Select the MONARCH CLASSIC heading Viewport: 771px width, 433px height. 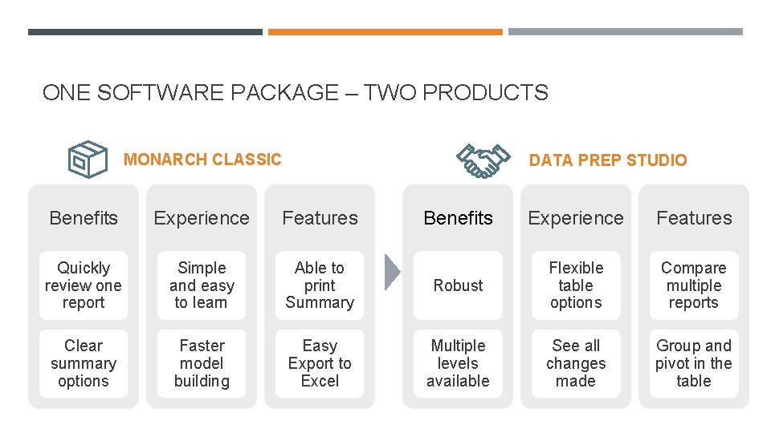[202, 160]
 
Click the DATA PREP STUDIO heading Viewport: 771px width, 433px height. [608, 160]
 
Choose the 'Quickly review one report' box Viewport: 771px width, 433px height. [84, 285]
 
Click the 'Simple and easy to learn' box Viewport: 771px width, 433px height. [202, 285]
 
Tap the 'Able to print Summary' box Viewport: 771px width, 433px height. [320, 285]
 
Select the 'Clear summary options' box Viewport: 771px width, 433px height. [84, 363]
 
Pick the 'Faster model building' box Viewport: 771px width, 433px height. [202, 363]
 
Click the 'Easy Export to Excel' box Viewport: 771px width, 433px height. [320, 363]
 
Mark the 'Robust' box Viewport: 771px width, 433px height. [459, 285]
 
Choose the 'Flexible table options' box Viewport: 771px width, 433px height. [576, 285]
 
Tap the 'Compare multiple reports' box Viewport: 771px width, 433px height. [694, 285]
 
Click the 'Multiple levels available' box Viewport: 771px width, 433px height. [459, 363]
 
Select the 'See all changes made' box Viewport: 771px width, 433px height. [576, 363]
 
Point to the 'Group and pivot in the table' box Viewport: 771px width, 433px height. [694, 363]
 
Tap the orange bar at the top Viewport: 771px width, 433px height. [385, 32]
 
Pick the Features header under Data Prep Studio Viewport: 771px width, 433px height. [694, 218]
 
